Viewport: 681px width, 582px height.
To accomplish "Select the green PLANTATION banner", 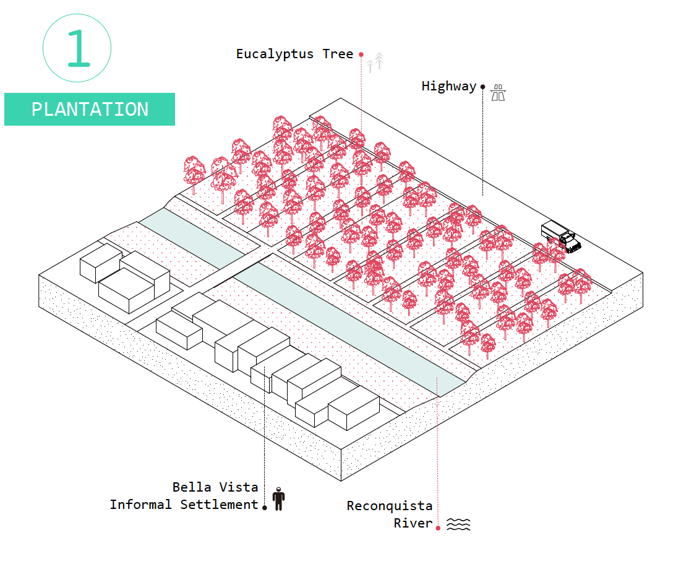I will point(90,109).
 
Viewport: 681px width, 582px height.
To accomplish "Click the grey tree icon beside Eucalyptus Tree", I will point(375,62).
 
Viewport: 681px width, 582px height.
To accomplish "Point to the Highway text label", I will point(448,86).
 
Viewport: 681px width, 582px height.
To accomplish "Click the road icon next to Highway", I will point(498,93).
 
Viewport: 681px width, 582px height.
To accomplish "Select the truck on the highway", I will point(561,237).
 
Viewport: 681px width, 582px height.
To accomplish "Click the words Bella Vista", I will point(215,487).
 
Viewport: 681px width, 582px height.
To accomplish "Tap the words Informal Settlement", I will point(184,505).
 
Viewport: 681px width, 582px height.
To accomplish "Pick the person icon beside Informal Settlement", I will point(278,499).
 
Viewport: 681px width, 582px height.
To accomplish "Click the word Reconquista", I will point(389,506).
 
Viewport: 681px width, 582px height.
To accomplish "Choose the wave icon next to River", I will point(458,524).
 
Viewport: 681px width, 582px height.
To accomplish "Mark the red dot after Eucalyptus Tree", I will point(361,54).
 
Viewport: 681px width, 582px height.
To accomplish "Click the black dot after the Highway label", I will point(482,87).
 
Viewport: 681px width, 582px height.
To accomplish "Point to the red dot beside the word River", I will point(437,528).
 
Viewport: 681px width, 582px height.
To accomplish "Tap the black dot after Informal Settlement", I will point(265,508).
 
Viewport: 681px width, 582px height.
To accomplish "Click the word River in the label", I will point(413,523).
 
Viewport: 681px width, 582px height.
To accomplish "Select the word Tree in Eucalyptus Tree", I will point(338,54).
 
